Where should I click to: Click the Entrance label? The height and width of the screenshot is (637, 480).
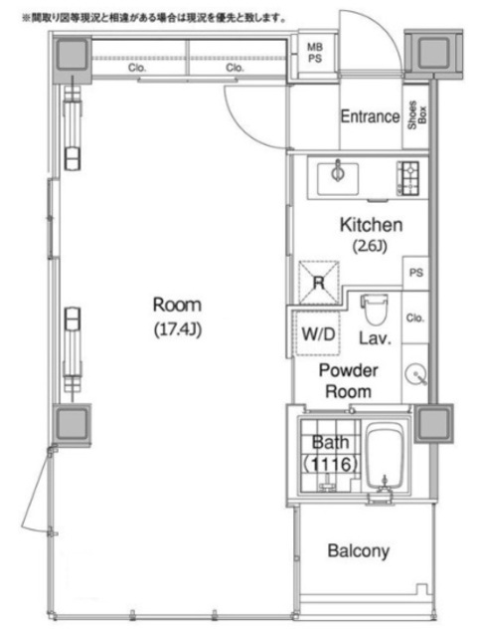coord(370,116)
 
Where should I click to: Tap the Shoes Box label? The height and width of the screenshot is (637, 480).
coord(417,115)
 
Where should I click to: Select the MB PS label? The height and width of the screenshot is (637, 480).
coord(315,53)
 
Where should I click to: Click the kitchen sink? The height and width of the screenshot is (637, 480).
coord(338,178)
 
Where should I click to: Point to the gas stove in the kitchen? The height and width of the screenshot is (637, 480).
coord(408,178)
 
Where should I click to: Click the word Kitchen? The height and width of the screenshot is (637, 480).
coord(371,225)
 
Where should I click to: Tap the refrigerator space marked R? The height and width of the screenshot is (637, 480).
coord(319,282)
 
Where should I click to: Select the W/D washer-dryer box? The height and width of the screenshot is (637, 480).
coord(318,333)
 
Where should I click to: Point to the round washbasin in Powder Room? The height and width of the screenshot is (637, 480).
coord(415,373)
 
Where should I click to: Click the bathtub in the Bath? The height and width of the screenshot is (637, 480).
coord(385,456)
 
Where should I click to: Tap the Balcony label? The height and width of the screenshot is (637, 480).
coord(359,551)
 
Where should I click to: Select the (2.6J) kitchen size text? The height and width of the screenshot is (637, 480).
coord(370,246)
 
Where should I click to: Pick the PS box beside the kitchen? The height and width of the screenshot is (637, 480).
coord(415,273)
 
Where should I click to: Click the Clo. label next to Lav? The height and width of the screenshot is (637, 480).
coord(414,318)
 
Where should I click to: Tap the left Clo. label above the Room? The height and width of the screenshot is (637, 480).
coord(137,68)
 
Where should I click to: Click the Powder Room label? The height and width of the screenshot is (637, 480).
coord(349,381)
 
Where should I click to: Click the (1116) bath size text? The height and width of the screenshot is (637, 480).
coord(330,464)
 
